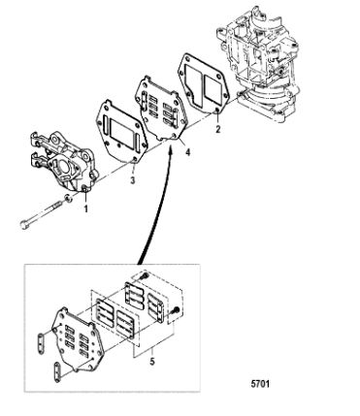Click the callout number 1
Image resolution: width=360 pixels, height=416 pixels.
tap(86, 209)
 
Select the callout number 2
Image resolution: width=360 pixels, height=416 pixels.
tap(218, 129)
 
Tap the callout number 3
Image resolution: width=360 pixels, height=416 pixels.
tap(132, 180)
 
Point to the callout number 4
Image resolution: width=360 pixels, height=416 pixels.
tap(187, 152)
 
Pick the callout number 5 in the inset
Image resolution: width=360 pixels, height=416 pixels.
tap(152, 361)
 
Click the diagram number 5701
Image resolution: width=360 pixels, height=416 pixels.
tap(260, 384)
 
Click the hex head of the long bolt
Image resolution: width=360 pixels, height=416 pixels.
tap(24, 225)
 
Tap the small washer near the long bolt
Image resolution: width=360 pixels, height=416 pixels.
tap(68, 198)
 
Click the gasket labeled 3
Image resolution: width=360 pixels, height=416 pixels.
tap(121, 133)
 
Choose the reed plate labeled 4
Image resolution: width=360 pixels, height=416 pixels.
tap(159, 110)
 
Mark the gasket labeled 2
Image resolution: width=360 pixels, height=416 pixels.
tap(204, 83)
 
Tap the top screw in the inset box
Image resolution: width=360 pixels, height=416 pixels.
tap(145, 276)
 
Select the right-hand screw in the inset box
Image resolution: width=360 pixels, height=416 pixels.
tap(175, 309)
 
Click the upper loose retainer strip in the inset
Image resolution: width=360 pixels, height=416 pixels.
tap(41, 342)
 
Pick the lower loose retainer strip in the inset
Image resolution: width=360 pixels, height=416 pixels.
tap(57, 372)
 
